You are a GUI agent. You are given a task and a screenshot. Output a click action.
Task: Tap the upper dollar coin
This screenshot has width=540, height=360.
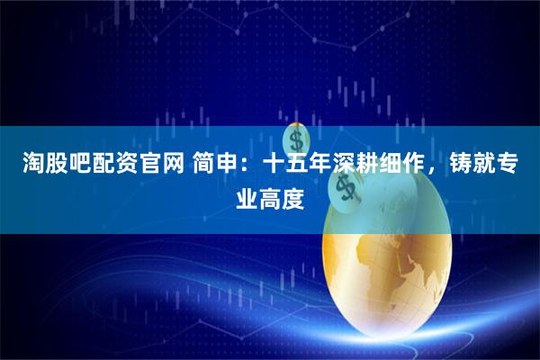pyautogui.click(x=297, y=139)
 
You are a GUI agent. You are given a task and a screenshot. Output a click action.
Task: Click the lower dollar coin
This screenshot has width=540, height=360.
pyautogui.click(x=344, y=186)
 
